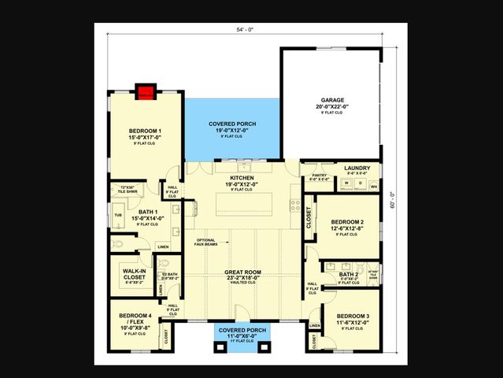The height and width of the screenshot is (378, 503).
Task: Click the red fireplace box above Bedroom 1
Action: click(x=145, y=92)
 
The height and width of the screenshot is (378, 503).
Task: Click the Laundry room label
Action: click(x=357, y=169)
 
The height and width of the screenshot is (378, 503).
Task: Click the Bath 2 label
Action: click(x=348, y=274)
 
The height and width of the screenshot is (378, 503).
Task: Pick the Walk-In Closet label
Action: click(x=134, y=273)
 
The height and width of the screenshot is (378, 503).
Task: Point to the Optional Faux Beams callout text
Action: click(x=206, y=242)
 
